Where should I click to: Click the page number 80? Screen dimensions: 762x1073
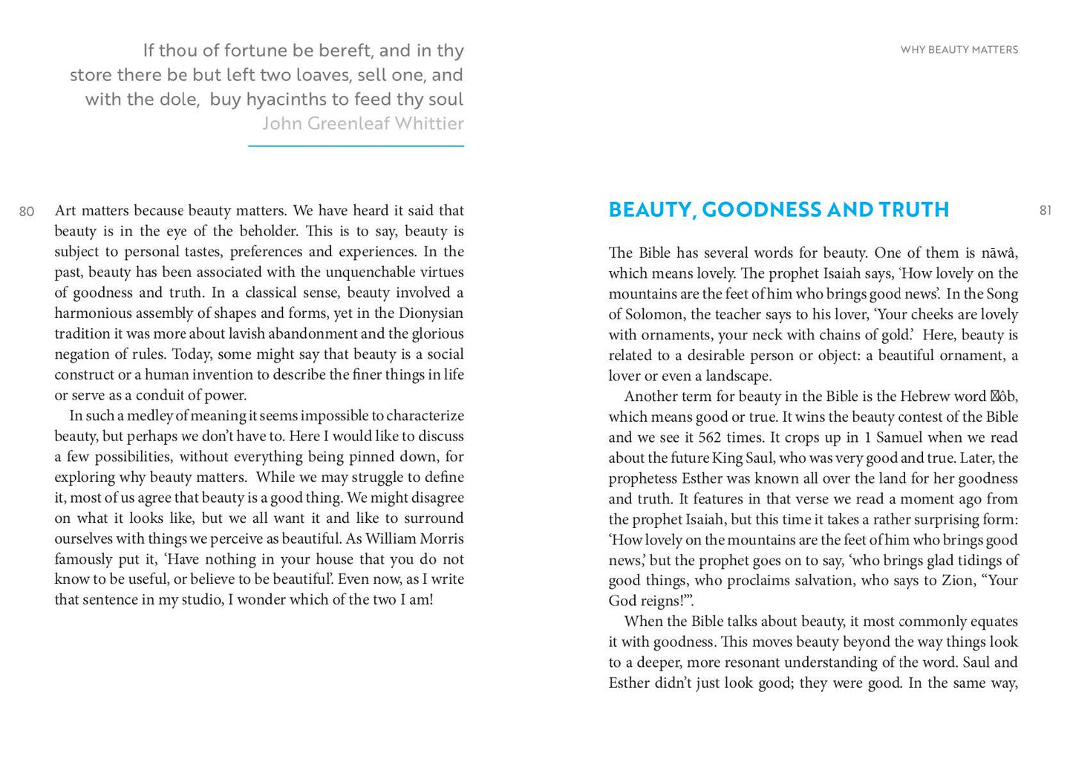tap(27, 212)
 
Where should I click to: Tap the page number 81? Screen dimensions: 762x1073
tap(1046, 211)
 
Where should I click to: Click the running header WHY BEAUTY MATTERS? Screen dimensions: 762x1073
tap(959, 50)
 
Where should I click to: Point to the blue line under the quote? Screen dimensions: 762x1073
tap(356, 146)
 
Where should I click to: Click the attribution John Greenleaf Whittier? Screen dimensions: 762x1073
tap(362, 123)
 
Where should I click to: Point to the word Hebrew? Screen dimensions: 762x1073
tap(922, 397)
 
